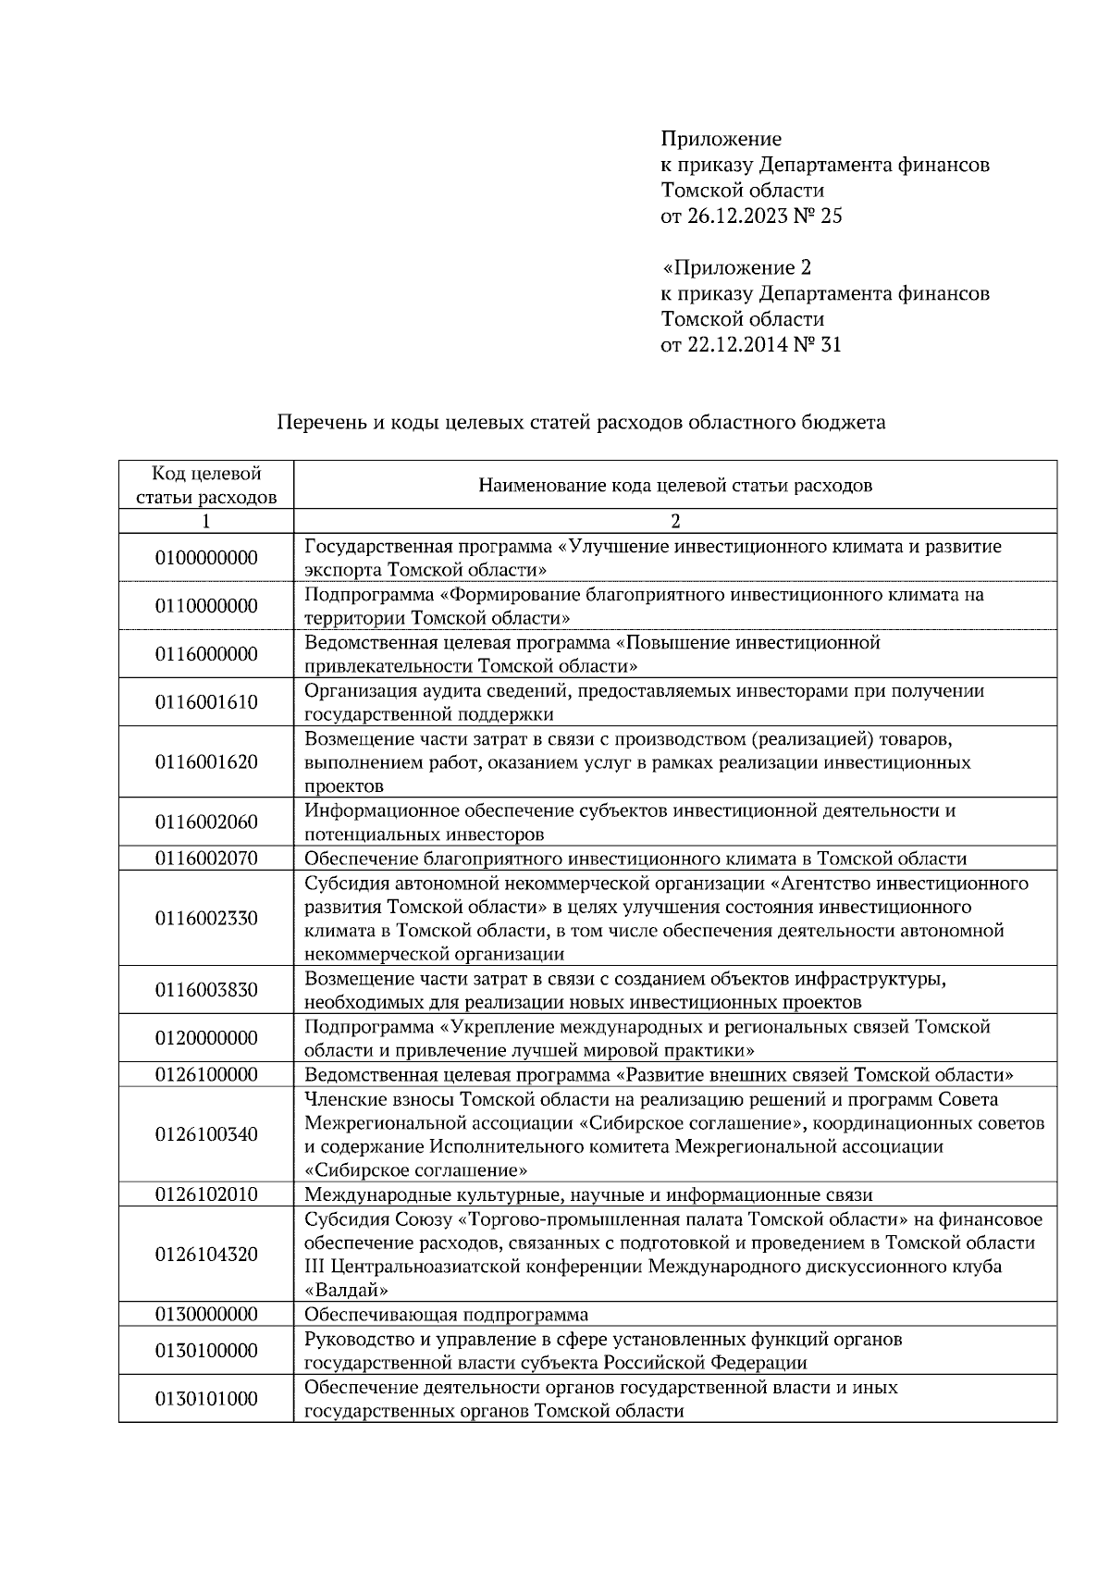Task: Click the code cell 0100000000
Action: pyautogui.click(x=206, y=558)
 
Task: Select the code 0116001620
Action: pyautogui.click(x=206, y=762)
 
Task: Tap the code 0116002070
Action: pyautogui.click(x=206, y=858)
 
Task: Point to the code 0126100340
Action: pyautogui.click(x=206, y=1134)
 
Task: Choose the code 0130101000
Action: pyautogui.click(x=206, y=1399)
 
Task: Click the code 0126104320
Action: pyautogui.click(x=206, y=1255)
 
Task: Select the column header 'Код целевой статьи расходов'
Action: pyautogui.click(x=206, y=485)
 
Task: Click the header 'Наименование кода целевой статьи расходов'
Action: pyautogui.click(x=675, y=485)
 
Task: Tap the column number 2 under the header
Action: pyautogui.click(x=675, y=521)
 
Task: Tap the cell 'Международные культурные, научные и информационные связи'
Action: pyautogui.click(x=588, y=1194)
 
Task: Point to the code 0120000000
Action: pyautogui.click(x=206, y=1038)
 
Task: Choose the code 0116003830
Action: pyautogui.click(x=206, y=990)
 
